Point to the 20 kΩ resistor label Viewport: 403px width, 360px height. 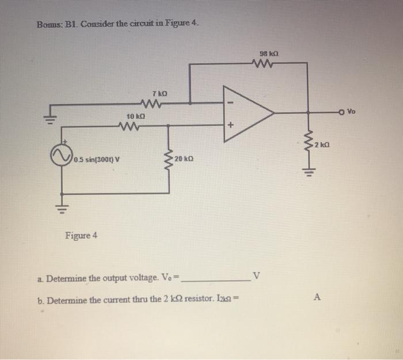click(185, 158)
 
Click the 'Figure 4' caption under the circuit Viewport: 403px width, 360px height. click(81, 235)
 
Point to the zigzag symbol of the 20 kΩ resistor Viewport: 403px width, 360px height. click(169, 159)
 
